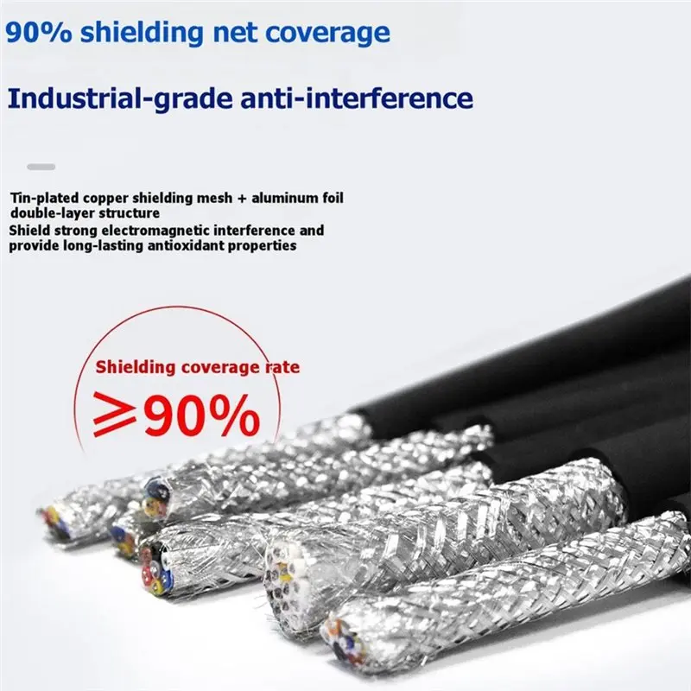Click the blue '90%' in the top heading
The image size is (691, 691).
coord(38,33)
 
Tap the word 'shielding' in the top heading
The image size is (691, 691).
coord(142,33)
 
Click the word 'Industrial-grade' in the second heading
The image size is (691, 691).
coord(120,98)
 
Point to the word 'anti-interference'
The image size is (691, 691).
coord(357,98)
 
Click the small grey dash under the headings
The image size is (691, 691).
coord(41,167)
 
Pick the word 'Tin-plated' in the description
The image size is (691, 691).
coord(45,198)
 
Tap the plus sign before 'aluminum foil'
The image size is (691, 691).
coord(242,199)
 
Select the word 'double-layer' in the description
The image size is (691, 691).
coord(53,213)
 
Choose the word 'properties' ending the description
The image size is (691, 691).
coord(262,246)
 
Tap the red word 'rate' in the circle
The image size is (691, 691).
coord(282,367)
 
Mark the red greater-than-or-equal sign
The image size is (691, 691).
coord(115,414)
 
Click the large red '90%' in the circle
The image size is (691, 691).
coord(202,415)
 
